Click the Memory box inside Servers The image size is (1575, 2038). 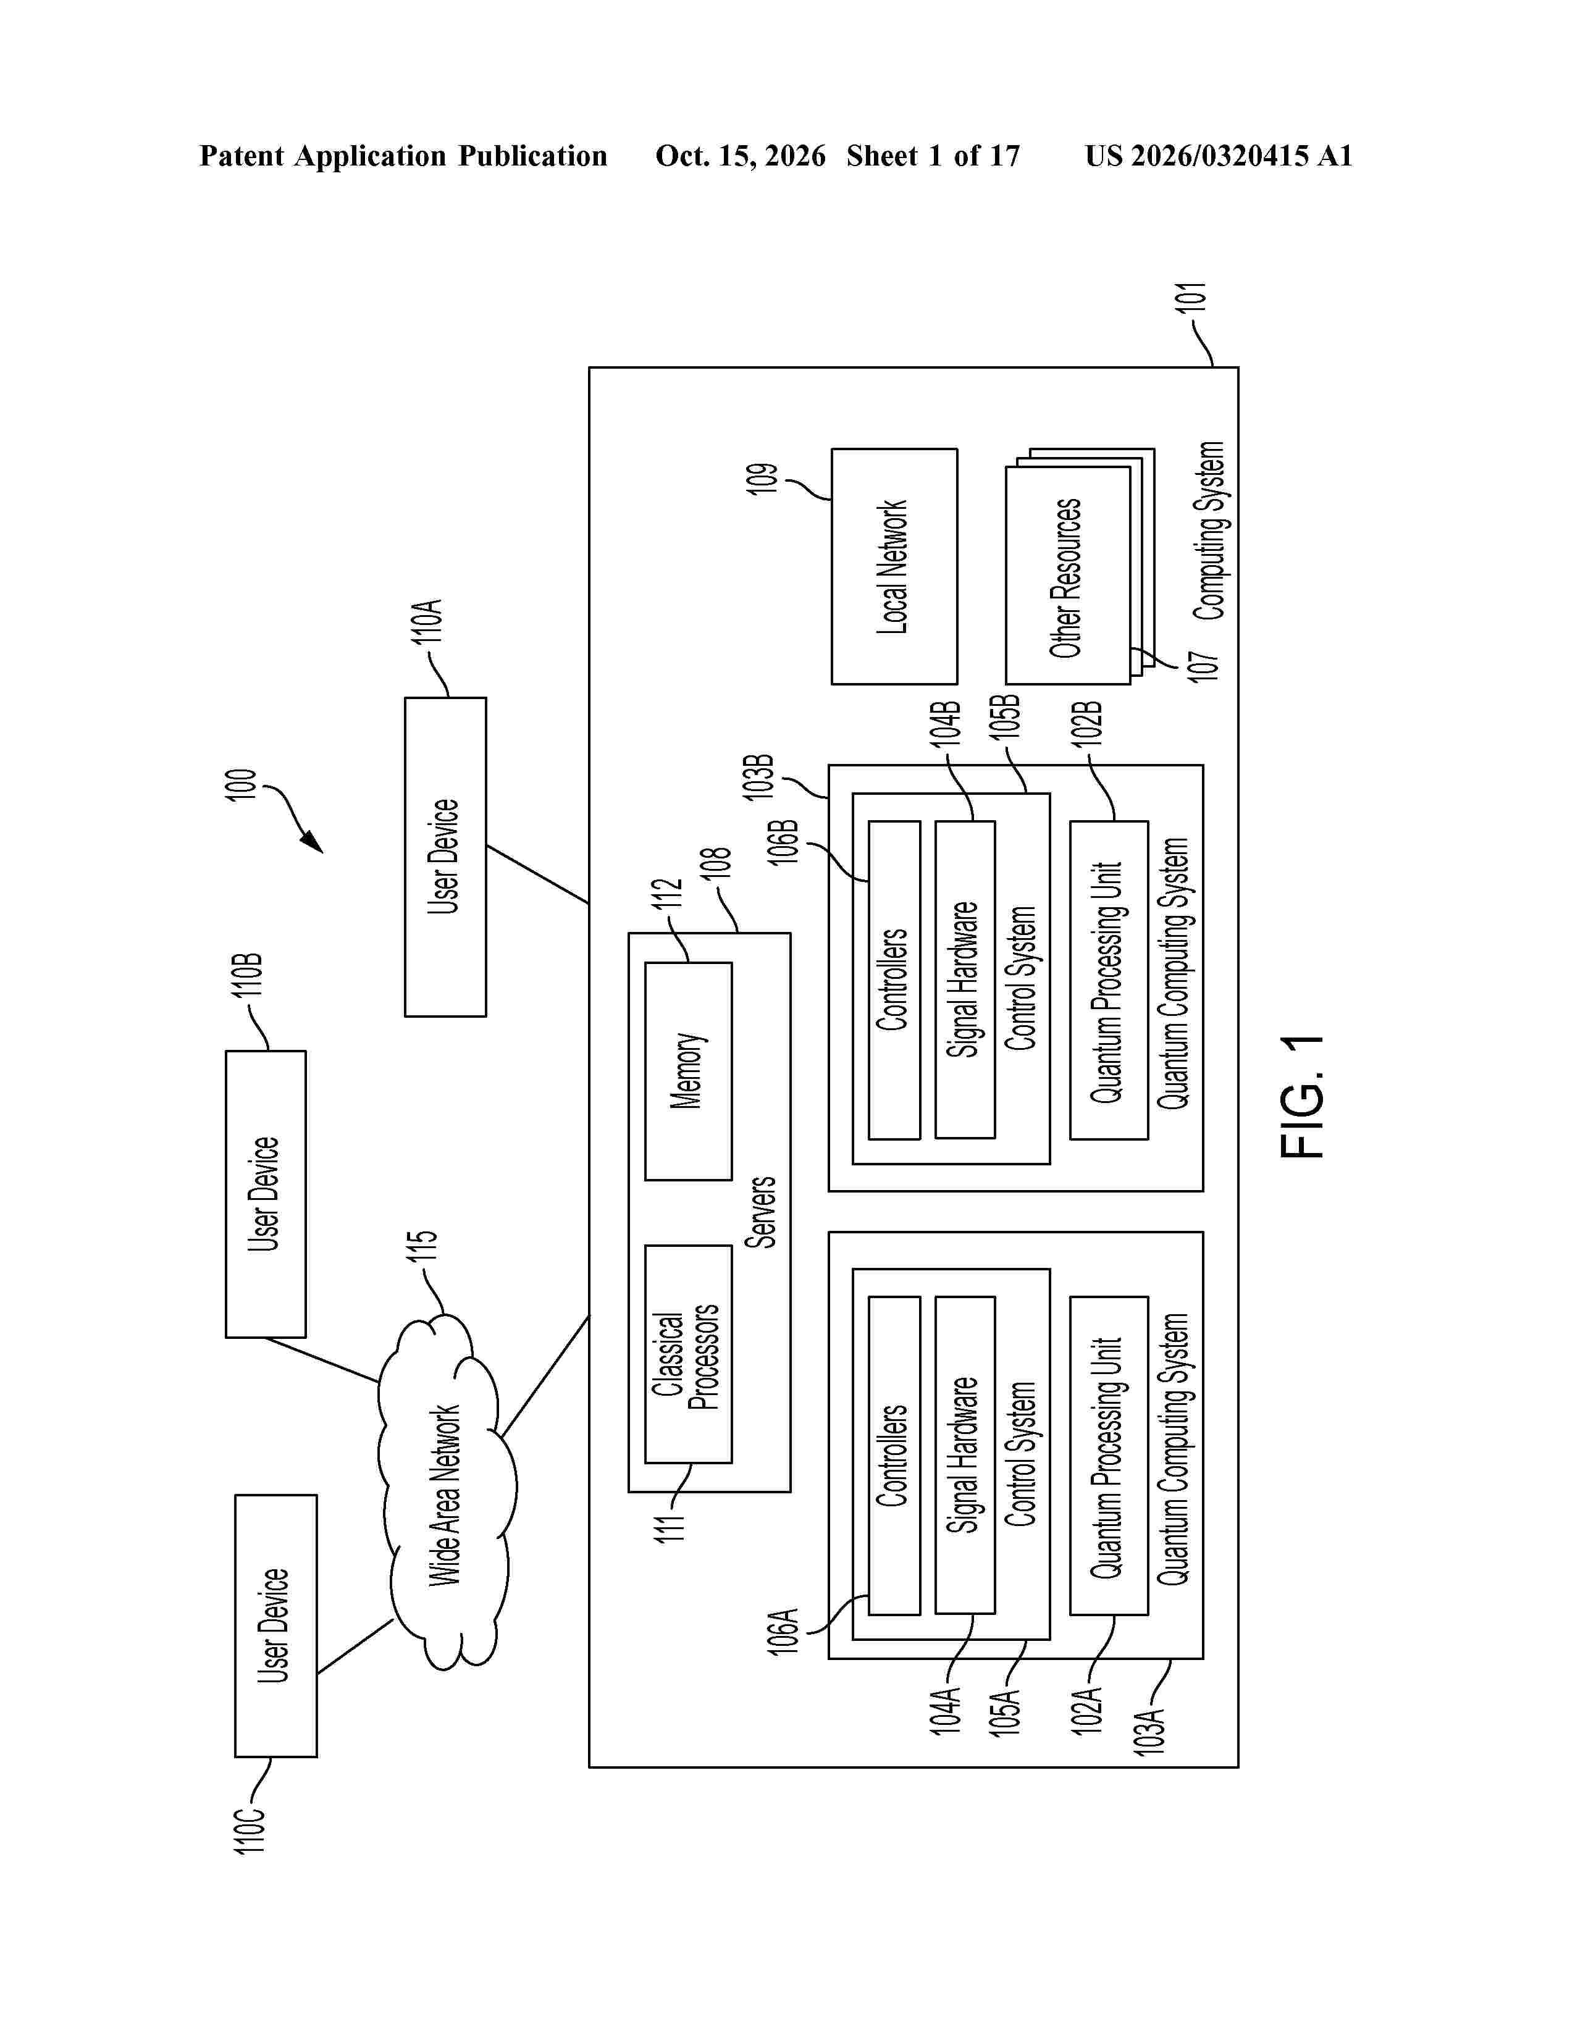click(x=687, y=1071)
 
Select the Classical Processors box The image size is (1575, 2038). click(x=687, y=1354)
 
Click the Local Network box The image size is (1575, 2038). click(x=894, y=566)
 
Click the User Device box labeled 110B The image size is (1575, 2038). click(x=265, y=1194)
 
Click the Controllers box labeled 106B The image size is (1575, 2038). click(x=894, y=980)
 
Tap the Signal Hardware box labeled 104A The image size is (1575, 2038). click(x=965, y=1455)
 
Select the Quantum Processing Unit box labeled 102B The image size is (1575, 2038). click(x=1109, y=980)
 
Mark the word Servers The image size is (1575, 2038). click(x=762, y=1212)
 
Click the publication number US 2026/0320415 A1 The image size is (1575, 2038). click(x=1219, y=156)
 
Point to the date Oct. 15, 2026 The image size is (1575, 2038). click(x=740, y=156)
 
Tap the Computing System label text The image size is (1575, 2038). click(x=1209, y=531)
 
